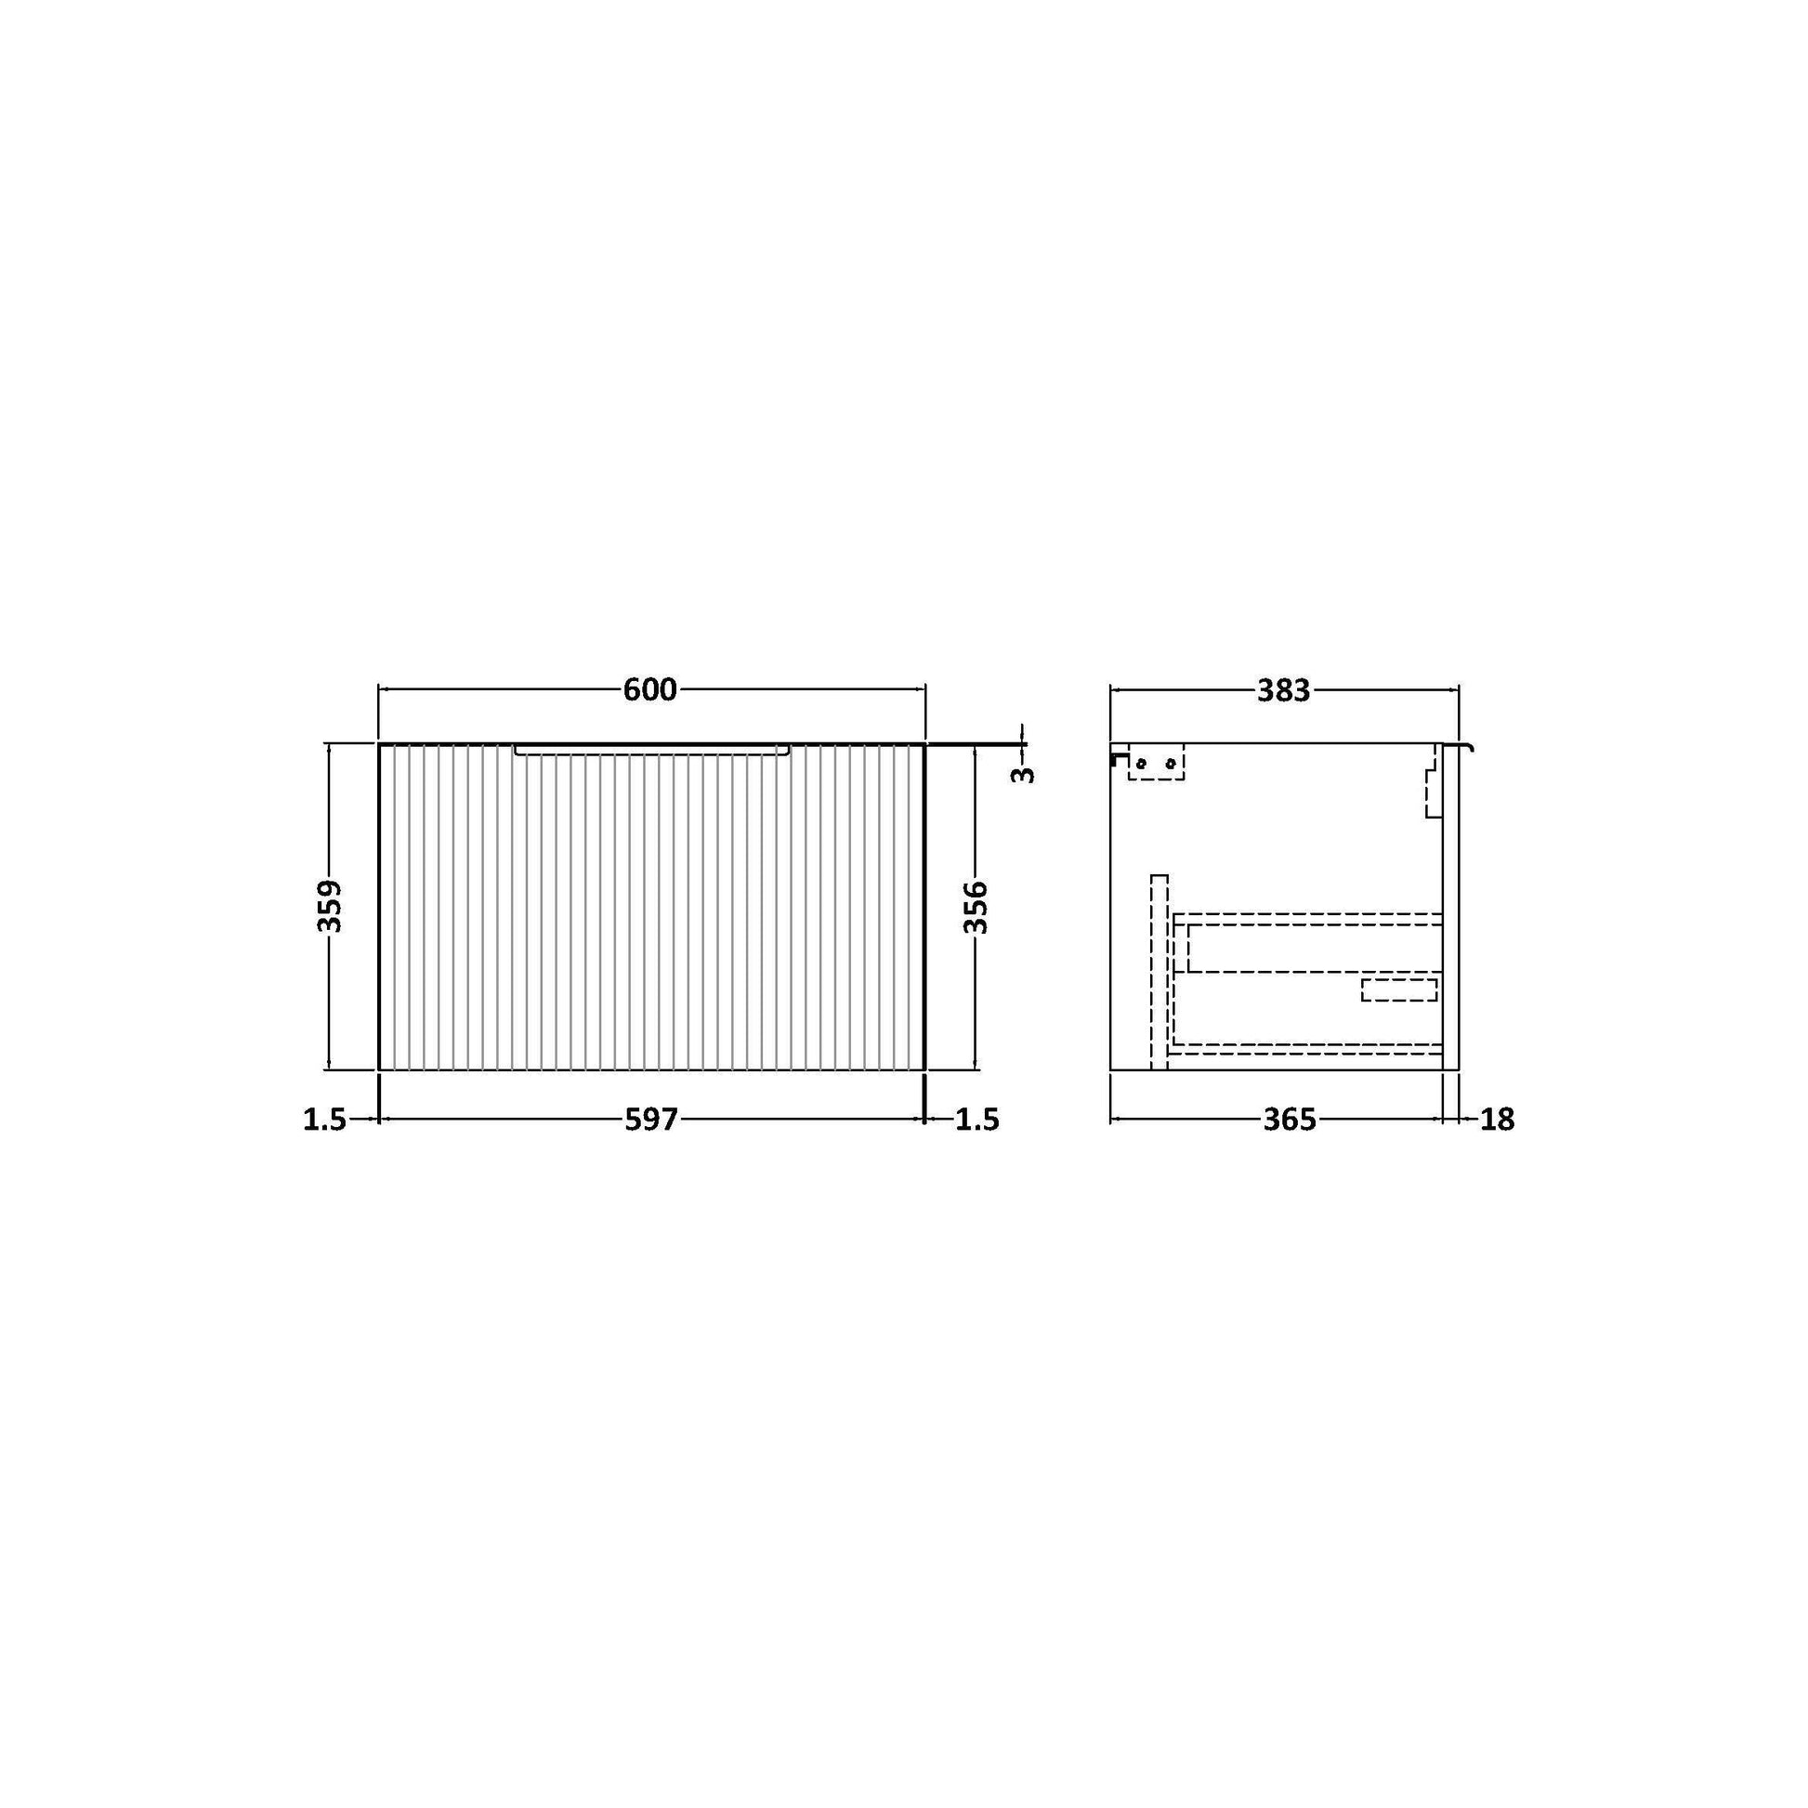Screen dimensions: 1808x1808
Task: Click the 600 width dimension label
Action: tap(649, 689)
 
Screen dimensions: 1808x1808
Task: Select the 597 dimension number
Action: tap(650, 1120)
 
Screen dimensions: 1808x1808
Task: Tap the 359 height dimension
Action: tap(330, 906)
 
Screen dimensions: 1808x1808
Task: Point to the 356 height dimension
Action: tap(976, 906)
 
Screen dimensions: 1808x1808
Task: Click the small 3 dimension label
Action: tap(1025, 774)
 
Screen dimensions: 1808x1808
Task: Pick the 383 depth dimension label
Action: tap(1283, 690)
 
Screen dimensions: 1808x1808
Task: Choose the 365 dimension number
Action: tap(1290, 1120)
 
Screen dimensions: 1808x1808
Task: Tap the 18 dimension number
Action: tap(1497, 1120)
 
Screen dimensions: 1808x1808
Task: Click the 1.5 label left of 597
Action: tap(325, 1120)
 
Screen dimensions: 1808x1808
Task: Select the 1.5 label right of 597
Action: tap(978, 1120)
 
